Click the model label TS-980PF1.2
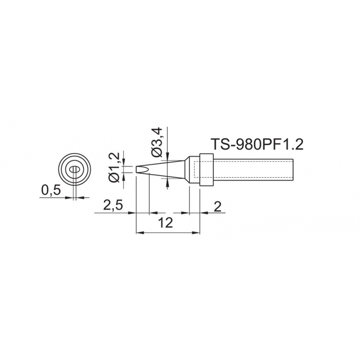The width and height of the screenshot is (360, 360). pyautogui.click(x=257, y=144)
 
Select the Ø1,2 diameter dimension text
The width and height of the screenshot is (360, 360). pyautogui.click(x=114, y=167)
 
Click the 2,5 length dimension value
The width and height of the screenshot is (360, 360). pyautogui.click(x=113, y=206)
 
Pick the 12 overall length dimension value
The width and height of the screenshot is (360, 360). pyautogui.click(x=166, y=223)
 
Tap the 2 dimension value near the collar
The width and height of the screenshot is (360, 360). pyautogui.click(x=217, y=207)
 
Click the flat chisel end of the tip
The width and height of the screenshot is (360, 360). pyautogui.click(x=137, y=170)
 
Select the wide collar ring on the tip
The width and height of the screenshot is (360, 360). pyautogui.click(x=207, y=170)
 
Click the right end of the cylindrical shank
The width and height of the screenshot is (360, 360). pyautogui.click(x=293, y=170)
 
